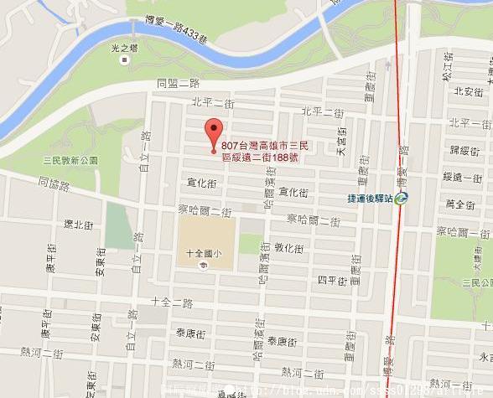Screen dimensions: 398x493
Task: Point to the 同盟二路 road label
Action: pos(179,83)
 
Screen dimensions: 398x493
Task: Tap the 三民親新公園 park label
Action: pos(71,160)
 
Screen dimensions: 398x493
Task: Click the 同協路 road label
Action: pos(54,180)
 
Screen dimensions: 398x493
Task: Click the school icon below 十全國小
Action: pos(201,266)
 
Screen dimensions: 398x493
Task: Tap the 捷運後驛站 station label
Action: pos(370,199)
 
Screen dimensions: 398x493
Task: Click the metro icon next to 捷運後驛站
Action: pos(403,199)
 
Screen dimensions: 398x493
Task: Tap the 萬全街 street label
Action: pos(460,204)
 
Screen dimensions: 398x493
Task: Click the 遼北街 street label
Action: pos(79,225)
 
